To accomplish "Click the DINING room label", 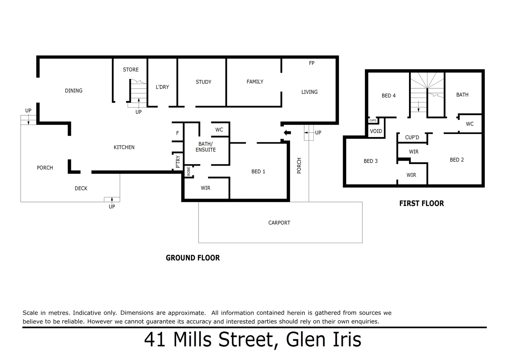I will coord(74,91).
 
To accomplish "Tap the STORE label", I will coord(131,70).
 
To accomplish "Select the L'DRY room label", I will coord(162,87).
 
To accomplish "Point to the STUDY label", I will coord(203,82).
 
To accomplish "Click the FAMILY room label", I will coord(255,82).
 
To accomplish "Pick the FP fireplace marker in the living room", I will coord(311,63).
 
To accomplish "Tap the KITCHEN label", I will coord(124,147).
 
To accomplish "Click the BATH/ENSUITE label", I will coord(206,147).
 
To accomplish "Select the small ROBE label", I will coord(189,171).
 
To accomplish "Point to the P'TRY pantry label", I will coord(178,161).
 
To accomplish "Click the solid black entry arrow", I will coord(287,133).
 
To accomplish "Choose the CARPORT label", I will coord(279,223).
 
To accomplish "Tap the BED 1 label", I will coord(258,172).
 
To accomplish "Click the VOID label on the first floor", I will coord(376,131).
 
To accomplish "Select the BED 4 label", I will coord(388,96).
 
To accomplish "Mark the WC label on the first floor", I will coord(469,124).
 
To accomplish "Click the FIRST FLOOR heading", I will coord(421,203).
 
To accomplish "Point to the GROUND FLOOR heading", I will coord(193,258).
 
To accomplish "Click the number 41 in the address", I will coord(156,340).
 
